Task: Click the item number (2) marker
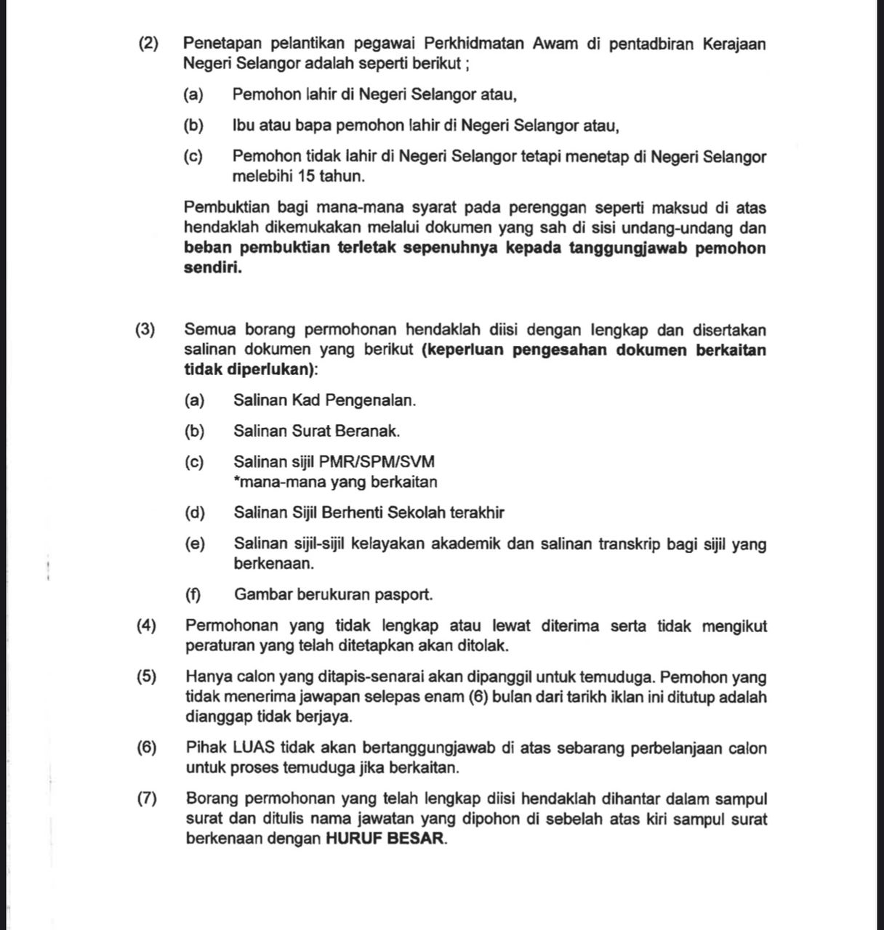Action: tap(149, 44)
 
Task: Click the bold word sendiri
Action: tap(212, 267)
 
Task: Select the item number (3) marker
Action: tap(145, 330)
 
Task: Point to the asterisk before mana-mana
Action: tap(237, 480)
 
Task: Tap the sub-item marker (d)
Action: tap(195, 513)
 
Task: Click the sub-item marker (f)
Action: tap(193, 595)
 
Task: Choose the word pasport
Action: tap(403, 595)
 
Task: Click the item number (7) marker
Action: tap(147, 799)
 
